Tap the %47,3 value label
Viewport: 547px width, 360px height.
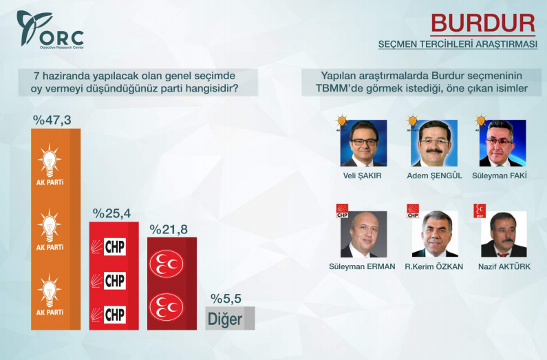[52, 120]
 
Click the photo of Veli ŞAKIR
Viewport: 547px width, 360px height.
[364, 143]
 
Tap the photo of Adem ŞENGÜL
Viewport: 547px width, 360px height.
[434, 143]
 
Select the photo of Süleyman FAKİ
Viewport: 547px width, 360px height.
[502, 143]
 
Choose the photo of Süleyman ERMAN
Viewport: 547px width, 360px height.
[364, 234]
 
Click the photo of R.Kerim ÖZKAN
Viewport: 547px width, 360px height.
[434, 234]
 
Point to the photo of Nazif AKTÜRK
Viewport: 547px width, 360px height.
[503, 234]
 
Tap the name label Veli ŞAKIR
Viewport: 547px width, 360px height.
[364, 176]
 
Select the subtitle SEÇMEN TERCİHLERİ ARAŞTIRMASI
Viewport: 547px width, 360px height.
[457, 45]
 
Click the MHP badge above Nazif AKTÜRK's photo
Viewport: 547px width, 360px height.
[478, 209]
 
